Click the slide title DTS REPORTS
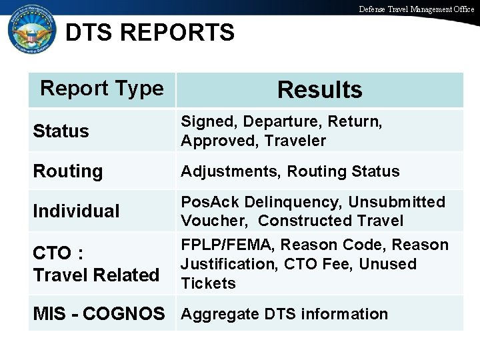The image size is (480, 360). pyautogui.click(x=150, y=32)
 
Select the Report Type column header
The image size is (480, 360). pyautogui.click(x=102, y=88)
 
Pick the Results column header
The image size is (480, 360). pyautogui.click(x=320, y=90)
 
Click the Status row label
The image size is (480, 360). pyautogui.click(x=61, y=131)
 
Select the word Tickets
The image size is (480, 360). pyautogui.click(x=209, y=283)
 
